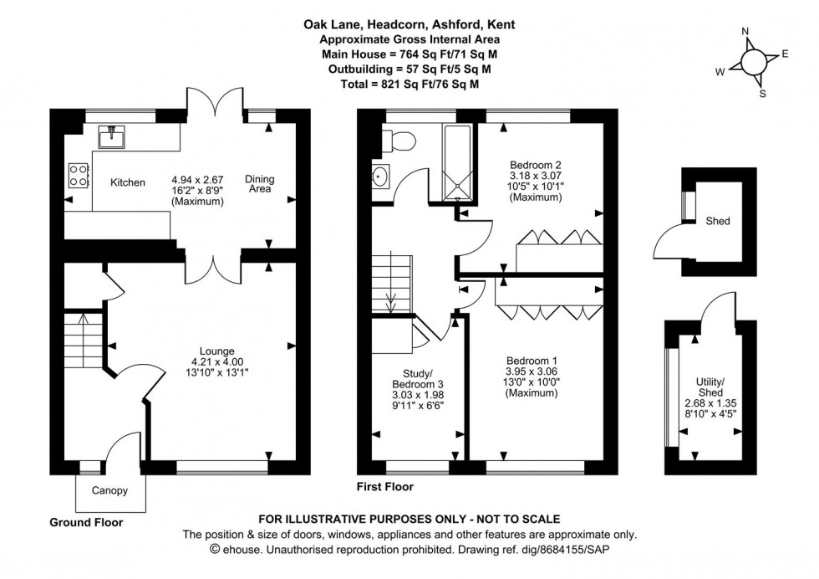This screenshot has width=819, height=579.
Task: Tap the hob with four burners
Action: [x=79, y=174]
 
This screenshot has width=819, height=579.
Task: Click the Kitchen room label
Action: [x=128, y=182]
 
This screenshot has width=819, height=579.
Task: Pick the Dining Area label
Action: [x=259, y=184]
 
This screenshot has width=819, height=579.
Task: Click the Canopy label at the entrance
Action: [x=109, y=491]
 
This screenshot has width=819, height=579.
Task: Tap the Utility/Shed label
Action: [x=710, y=387]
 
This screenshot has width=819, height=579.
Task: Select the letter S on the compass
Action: [x=762, y=94]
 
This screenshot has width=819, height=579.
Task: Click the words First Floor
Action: [x=385, y=486]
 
